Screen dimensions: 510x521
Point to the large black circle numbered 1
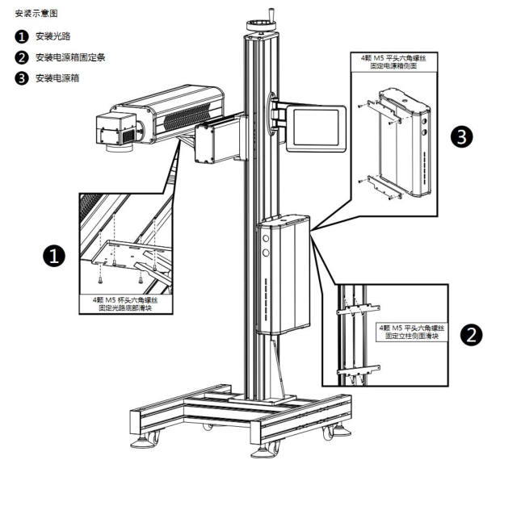point(54,256)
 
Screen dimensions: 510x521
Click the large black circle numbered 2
point(471,334)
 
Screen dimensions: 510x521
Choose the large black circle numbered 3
point(461,137)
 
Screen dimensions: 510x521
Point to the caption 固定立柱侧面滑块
point(412,336)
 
